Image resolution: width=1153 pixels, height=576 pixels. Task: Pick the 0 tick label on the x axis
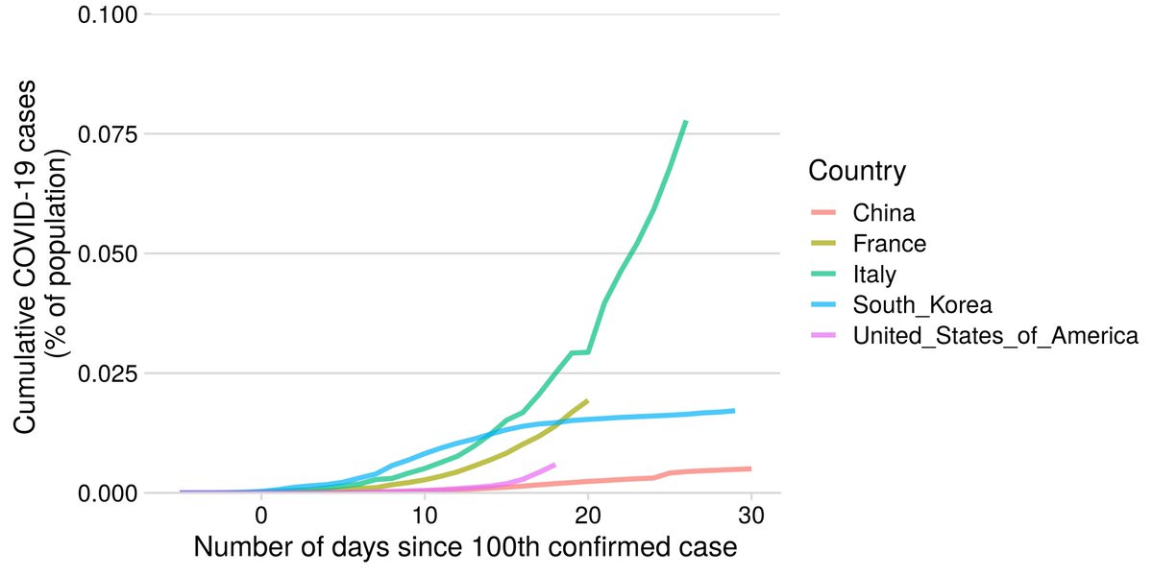point(261,516)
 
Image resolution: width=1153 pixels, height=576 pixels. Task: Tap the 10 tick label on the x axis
point(424,516)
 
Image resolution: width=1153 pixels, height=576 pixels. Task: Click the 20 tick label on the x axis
point(587,516)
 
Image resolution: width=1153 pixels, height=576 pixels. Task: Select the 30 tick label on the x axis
point(750,516)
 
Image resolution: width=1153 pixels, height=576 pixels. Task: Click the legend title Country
point(857,172)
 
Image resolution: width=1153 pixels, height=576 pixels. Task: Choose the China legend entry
point(883,212)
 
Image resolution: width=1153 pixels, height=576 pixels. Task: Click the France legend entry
point(889,243)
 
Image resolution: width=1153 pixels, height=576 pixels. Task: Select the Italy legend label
point(874,275)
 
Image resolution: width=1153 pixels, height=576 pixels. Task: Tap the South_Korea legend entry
point(921,305)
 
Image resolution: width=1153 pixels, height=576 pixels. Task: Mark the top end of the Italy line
point(685,122)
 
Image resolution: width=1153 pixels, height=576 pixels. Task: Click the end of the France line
point(587,400)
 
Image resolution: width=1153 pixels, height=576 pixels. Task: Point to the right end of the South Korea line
point(734,411)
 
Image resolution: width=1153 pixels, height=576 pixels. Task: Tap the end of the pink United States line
point(554,465)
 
